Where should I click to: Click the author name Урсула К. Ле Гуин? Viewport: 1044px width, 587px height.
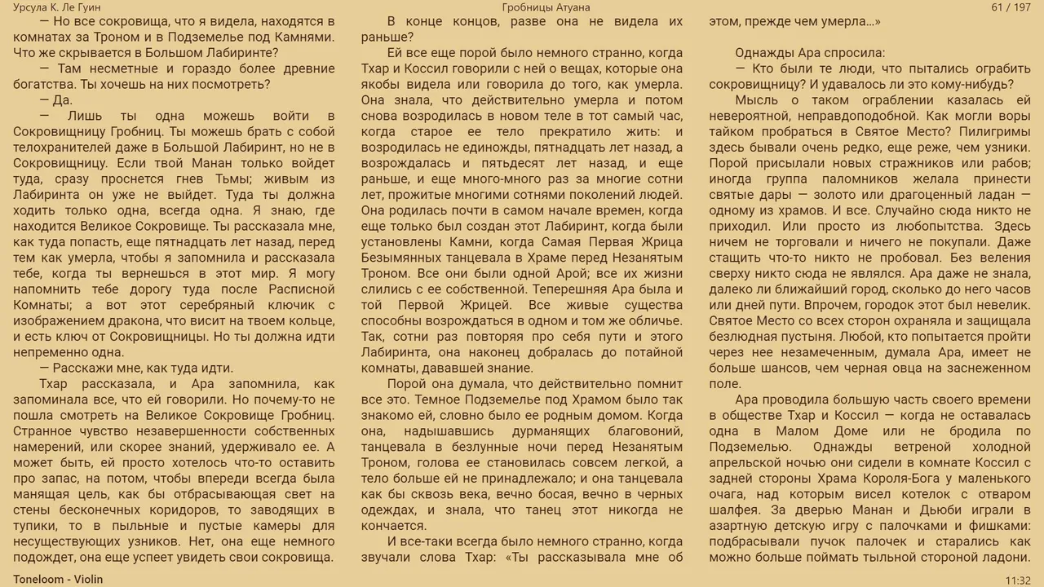[57, 7]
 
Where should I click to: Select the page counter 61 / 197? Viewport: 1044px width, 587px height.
[1011, 7]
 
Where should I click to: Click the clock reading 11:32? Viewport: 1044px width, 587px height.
[1018, 580]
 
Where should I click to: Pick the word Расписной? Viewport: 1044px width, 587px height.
[294, 289]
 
